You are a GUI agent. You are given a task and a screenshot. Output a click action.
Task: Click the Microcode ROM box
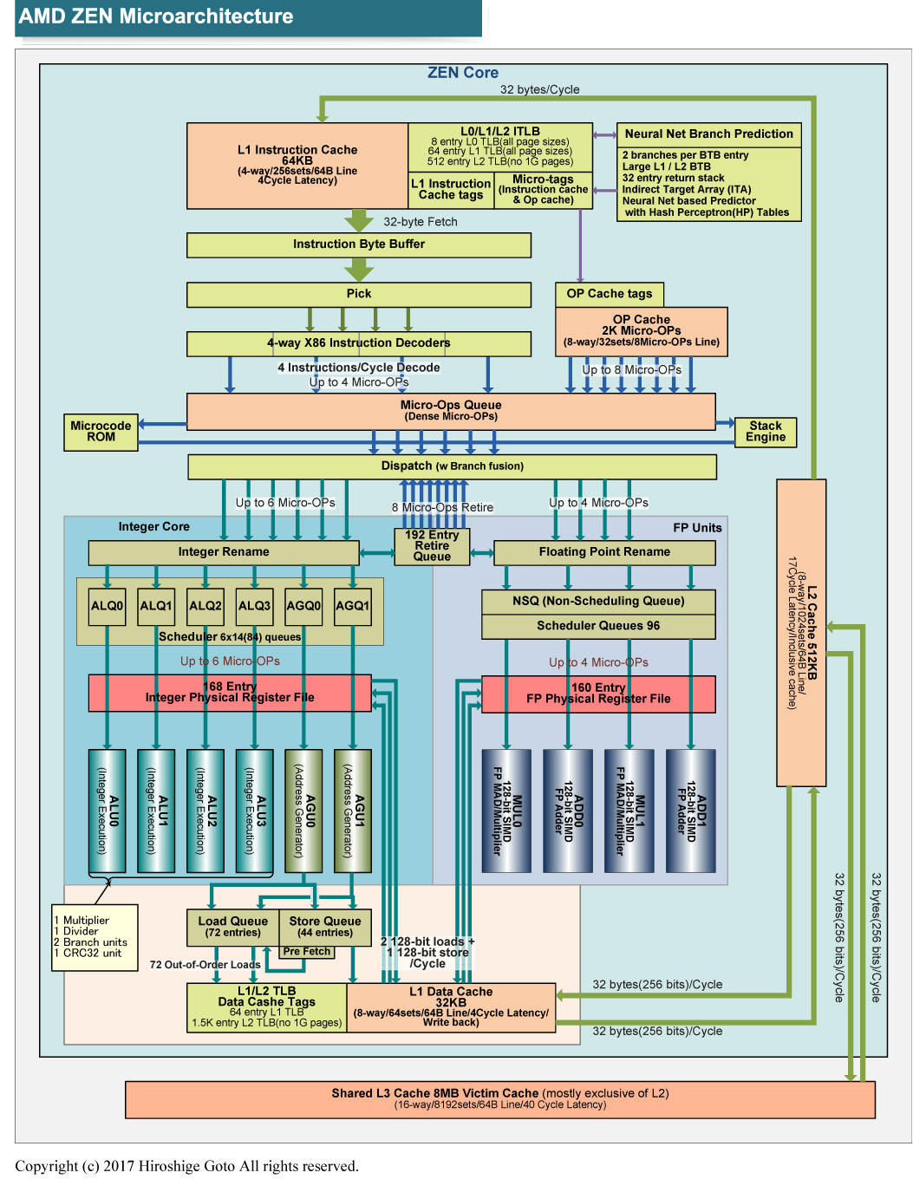(x=101, y=432)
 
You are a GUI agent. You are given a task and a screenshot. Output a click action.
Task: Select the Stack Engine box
(x=766, y=432)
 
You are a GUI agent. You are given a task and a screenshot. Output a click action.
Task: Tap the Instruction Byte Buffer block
(x=359, y=244)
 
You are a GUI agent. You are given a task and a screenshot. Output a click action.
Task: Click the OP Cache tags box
(x=610, y=294)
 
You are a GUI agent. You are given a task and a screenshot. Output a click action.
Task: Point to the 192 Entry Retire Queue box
(x=432, y=546)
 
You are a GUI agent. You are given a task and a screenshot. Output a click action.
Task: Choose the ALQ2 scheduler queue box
(x=205, y=606)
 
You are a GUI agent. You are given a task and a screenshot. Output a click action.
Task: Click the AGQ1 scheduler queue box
(x=353, y=606)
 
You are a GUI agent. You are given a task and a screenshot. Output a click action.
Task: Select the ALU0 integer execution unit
(x=108, y=811)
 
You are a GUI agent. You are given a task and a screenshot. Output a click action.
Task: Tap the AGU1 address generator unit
(x=353, y=811)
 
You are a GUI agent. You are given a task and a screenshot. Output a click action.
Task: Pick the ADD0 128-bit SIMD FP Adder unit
(x=568, y=811)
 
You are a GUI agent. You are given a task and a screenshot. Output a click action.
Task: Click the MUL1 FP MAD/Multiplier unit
(x=629, y=811)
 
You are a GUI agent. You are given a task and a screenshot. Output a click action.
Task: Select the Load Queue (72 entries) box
(x=232, y=927)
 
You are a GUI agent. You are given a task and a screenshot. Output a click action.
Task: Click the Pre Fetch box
(x=307, y=952)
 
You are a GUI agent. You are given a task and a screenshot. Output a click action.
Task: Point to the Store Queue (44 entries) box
(x=325, y=927)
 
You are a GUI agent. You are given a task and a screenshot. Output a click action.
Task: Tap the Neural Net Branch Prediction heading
(x=709, y=134)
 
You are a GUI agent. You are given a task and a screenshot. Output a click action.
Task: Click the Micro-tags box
(x=544, y=190)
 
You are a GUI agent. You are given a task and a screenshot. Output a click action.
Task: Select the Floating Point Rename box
(x=604, y=552)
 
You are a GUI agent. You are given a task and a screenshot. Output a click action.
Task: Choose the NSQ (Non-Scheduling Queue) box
(x=598, y=602)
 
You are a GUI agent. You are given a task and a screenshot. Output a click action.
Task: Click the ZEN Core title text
(x=463, y=73)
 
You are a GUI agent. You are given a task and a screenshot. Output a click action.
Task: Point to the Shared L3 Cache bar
(x=500, y=1099)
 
